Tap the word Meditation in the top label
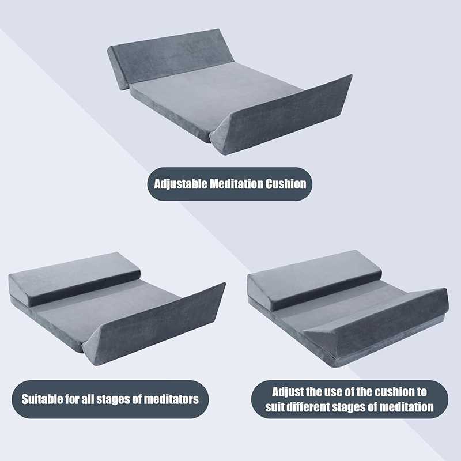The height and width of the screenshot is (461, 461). tap(236, 184)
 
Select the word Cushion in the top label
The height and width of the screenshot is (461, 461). tap(286, 184)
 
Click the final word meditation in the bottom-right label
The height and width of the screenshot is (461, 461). tap(407, 407)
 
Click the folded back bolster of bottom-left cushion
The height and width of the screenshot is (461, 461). tap(75, 278)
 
